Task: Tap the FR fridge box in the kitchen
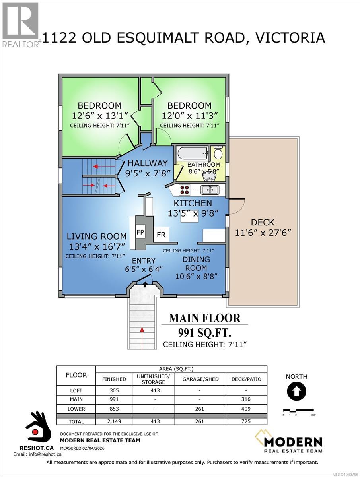click(x=161, y=235)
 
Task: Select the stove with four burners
click(x=185, y=190)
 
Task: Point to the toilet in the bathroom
click(x=218, y=153)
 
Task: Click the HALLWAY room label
click(x=147, y=163)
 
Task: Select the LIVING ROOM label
click(x=96, y=237)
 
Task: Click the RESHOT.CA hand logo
click(x=39, y=429)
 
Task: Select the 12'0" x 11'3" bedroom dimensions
click(x=186, y=116)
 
